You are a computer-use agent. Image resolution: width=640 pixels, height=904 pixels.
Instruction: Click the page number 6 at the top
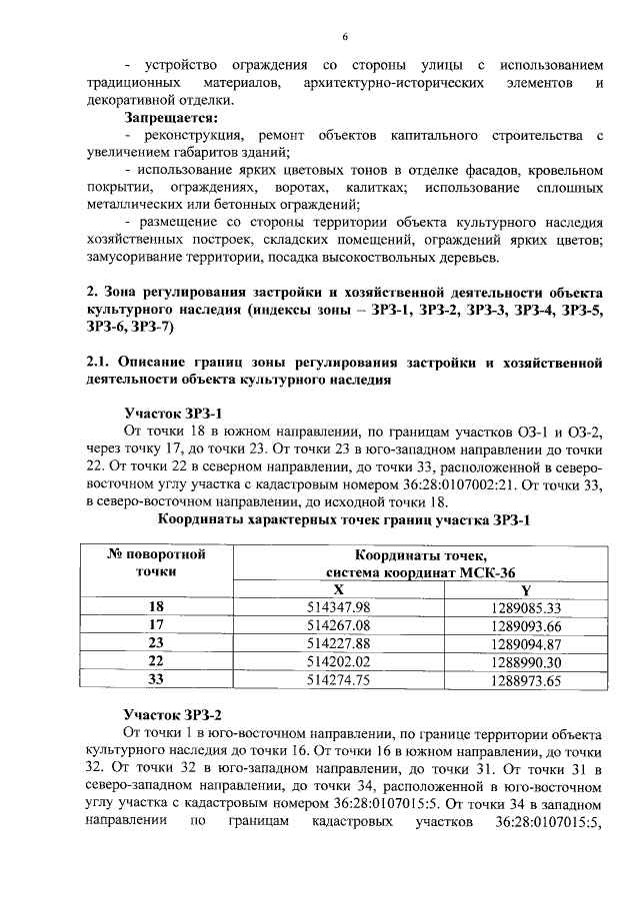click(343, 37)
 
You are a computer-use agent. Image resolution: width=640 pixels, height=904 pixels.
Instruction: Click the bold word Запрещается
click(170, 118)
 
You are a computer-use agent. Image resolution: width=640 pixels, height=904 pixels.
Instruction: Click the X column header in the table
click(339, 590)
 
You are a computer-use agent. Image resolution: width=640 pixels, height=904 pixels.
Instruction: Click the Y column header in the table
click(526, 590)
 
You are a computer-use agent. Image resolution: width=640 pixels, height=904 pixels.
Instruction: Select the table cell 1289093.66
click(526, 625)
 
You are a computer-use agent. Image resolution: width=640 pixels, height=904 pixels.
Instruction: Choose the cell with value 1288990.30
click(526, 661)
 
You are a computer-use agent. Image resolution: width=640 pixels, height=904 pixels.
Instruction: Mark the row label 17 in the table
click(156, 625)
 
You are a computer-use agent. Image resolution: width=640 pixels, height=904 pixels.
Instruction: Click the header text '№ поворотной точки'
click(156, 562)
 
